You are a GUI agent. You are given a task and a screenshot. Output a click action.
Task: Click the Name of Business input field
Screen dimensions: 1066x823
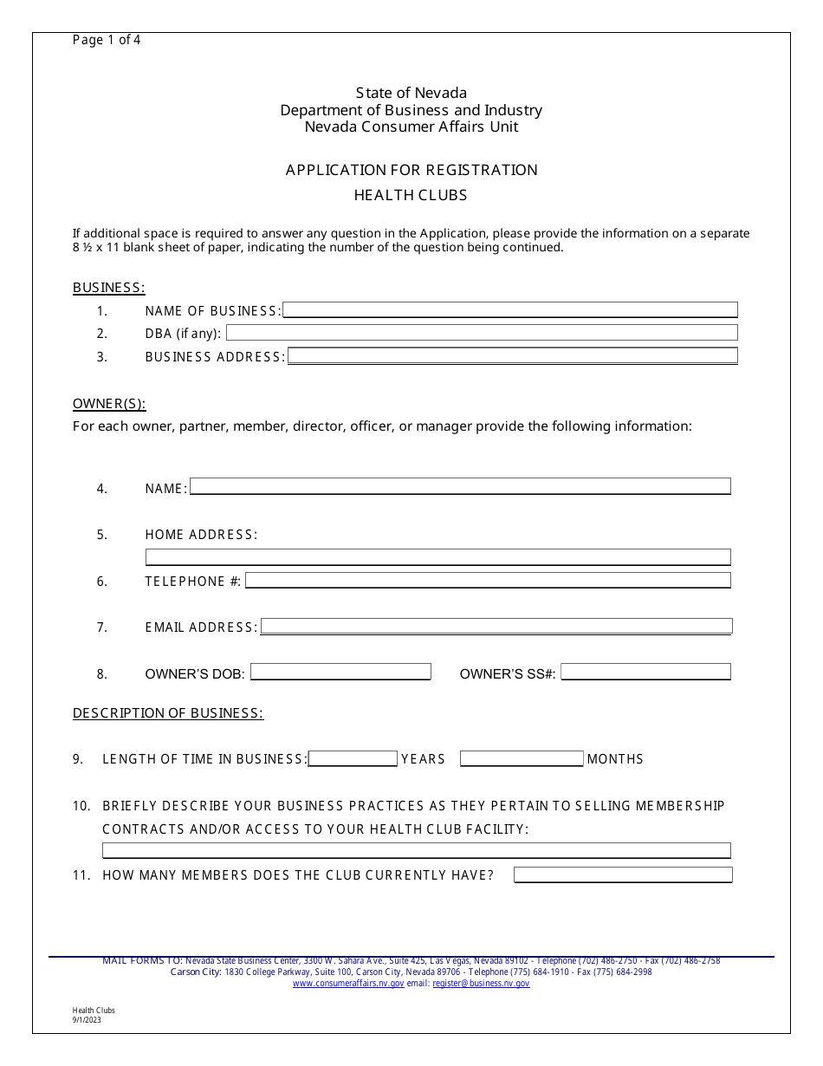click(x=510, y=309)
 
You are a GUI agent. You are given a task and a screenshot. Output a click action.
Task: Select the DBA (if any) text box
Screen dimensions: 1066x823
click(x=482, y=333)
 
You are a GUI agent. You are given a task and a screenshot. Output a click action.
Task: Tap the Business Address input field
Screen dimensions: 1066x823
click(x=512, y=355)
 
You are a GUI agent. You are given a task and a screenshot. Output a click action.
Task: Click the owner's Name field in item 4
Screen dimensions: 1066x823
click(x=460, y=486)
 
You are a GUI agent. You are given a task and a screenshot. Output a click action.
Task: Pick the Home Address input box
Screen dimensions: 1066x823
click(x=437, y=556)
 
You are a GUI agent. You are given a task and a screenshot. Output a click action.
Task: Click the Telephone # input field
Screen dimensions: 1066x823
click(x=488, y=580)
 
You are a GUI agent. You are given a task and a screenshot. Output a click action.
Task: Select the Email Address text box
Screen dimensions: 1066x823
click(x=496, y=626)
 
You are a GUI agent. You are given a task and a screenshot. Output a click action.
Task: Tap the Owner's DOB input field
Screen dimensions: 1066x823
click(x=340, y=672)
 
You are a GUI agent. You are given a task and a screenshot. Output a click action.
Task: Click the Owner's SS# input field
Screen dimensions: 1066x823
click(x=645, y=672)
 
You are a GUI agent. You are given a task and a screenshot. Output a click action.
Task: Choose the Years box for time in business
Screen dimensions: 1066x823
click(x=353, y=758)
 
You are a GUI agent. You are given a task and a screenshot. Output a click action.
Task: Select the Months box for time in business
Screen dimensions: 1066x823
click(x=522, y=758)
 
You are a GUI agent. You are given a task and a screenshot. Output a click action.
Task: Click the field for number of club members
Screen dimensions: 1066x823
click(x=623, y=874)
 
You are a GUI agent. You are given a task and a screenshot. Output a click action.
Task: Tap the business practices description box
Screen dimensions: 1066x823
click(x=416, y=850)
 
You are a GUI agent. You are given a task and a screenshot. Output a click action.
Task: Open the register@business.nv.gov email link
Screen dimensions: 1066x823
click(x=481, y=984)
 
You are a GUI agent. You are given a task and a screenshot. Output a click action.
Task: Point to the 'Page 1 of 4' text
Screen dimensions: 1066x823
click(x=107, y=40)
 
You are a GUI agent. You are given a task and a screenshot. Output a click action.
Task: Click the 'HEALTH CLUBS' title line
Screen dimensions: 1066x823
click(x=411, y=195)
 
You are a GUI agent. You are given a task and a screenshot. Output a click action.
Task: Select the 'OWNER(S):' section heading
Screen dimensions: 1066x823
click(x=109, y=404)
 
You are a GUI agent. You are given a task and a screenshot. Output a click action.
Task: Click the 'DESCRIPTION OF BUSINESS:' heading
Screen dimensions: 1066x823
click(x=168, y=713)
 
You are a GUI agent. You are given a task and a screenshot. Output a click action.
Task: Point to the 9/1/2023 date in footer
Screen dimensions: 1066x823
click(x=87, y=1020)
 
